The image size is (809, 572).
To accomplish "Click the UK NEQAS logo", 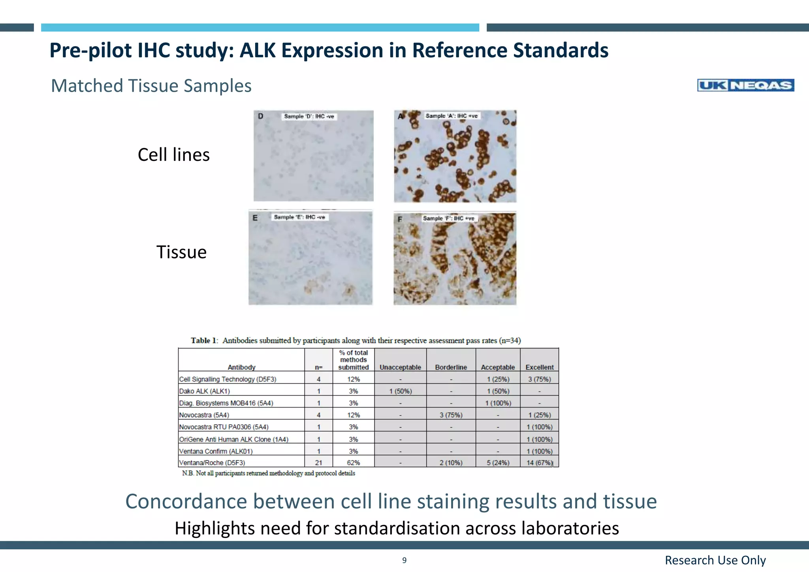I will click(x=745, y=85).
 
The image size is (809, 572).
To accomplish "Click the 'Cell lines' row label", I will click(x=173, y=155).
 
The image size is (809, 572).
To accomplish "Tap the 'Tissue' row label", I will click(x=181, y=252).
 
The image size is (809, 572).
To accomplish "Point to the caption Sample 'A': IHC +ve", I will click(x=452, y=116).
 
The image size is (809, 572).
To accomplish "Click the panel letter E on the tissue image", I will click(x=255, y=218).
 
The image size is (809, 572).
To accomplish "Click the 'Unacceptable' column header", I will click(x=400, y=367).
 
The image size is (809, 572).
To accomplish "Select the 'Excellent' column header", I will click(x=539, y=367).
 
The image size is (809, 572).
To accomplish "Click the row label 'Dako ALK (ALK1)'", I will click(x=204, y=391).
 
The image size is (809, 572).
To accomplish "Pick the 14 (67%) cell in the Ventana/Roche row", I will click(x=539, y=463).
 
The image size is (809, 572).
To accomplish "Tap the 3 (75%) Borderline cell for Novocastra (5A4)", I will click(x=451, y=415).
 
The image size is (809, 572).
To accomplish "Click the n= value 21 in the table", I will click(x=318, y=463).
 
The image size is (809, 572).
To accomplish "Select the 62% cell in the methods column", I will click(x=353, y=463).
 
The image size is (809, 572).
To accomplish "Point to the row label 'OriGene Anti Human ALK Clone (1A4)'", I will click(x=233, y=439).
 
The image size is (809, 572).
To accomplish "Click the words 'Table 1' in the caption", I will click(x=204, y=341).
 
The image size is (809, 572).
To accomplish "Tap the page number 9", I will click(x=404, y=560).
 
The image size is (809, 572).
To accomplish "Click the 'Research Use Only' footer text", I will click(x=715, y=560).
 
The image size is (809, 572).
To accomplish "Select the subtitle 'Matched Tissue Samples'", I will click(x=151, y=86).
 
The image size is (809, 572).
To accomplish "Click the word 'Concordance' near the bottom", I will click(x=186, y=501).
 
